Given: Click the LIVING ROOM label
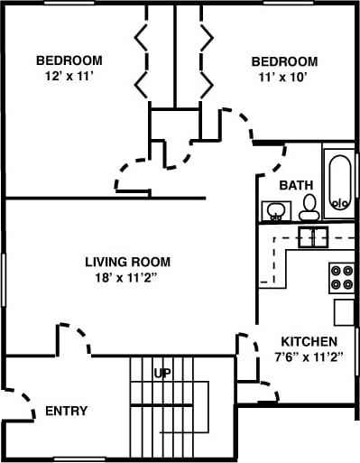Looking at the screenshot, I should [127, 262].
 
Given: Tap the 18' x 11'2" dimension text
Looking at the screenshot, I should [127, 277].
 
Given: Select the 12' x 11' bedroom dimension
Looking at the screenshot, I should [69, 76].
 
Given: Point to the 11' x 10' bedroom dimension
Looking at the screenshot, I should [284, 77].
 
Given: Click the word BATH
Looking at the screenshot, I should [296, 185].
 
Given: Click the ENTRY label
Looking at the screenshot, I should [67, 412].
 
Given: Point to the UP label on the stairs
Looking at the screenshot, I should [162, 373].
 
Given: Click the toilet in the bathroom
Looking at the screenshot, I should [309, 208].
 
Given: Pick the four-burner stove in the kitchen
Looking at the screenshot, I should [342, 276].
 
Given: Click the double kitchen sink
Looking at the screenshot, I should [312, 237].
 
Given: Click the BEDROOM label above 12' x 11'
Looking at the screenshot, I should [69, 60].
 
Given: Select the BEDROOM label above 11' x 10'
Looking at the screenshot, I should [284, 61].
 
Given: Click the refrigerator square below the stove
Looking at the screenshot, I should [344, 312].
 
